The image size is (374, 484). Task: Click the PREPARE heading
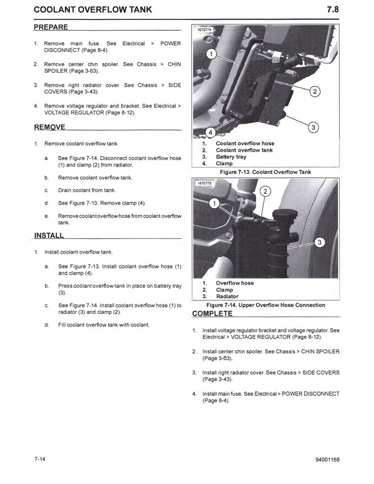[x=50, y=26]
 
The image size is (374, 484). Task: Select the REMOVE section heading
[x=49, y=127]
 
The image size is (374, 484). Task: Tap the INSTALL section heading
[x=49, y=235]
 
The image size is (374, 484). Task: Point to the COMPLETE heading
[x=212, y=313]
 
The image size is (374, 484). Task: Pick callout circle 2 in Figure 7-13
[x=315, y=92]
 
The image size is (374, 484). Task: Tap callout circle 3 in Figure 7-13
[x=314, y=127]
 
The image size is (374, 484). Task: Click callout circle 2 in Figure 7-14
[x=265, y=192]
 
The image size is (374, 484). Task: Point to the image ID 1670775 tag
[x=204, y=182]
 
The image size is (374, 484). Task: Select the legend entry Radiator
[x=227, y=297]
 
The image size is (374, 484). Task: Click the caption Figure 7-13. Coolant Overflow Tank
[x=265, y=172]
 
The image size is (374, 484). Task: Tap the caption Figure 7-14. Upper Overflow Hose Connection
[x=265, y=305]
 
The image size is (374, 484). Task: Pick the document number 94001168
[x=327, y=460]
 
